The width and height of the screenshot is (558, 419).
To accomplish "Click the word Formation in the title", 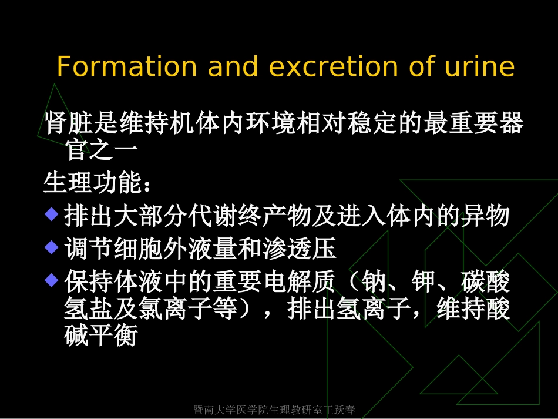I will [126, 67].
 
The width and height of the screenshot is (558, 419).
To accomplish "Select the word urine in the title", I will [480, 67].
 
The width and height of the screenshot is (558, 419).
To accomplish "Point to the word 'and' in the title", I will [233, 67].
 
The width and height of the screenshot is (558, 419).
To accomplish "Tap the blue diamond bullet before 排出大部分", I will [52, 213].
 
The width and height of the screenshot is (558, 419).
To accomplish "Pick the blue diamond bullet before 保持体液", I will [52, 279].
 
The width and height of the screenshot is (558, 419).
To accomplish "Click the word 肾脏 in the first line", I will [69, 124].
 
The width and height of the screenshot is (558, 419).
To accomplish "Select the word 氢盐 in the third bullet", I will [88, 309].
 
